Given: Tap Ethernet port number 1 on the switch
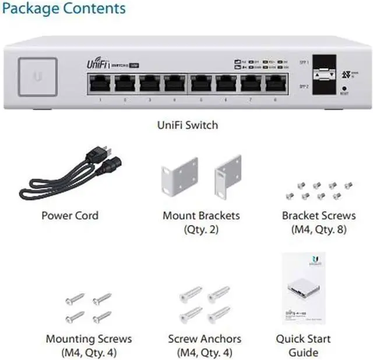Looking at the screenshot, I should pos(100,84).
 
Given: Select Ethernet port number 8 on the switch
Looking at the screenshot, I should pos(274,84).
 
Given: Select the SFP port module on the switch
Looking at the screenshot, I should pos(323,75).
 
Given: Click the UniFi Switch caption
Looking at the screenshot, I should pos(187,125).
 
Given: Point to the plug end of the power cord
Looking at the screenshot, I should pos(96,154).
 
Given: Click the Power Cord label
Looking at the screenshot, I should pos(70,216).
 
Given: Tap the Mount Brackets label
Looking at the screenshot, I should pos(201,216).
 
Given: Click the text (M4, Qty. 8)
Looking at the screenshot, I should pos(319,230).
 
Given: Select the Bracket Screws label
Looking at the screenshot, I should pos(319,216).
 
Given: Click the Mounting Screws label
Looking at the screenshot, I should pos(89,338).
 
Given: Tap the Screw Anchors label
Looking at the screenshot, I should pos(200,338).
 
